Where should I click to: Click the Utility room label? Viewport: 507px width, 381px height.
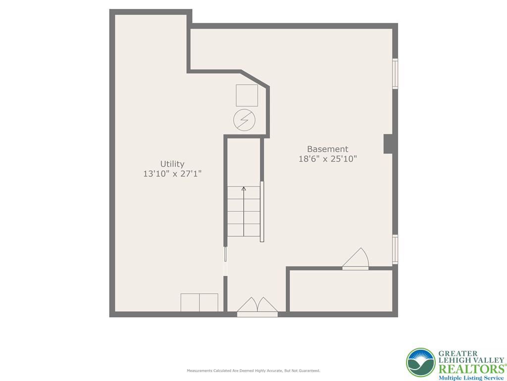[x=172, y=164]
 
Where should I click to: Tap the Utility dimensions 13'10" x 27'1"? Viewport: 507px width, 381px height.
[x=172, y=174]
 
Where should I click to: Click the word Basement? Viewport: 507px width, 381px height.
[x=327, y=149]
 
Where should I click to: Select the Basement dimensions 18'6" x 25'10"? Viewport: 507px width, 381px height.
[x=327, y=159]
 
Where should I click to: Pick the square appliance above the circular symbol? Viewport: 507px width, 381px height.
[x=247, y=95]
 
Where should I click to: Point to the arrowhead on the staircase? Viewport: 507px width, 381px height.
[x=244, y=189]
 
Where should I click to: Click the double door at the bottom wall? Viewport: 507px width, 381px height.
[x=257, y=308]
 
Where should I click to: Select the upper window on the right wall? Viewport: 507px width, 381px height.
[x=395, y=73]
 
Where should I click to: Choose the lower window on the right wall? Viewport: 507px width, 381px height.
[x=395, y=249]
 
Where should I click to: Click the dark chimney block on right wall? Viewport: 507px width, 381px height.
[x=389, y=144]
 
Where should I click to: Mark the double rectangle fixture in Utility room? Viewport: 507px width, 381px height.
[x=199, y=302]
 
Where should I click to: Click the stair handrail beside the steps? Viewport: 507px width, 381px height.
[x=262, y=211]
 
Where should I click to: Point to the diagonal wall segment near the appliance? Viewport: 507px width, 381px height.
[x=255, y=79]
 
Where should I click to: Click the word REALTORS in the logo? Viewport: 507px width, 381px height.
[x=469, y=369]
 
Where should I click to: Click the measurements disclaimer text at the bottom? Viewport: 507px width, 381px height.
[x=253, y=371]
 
